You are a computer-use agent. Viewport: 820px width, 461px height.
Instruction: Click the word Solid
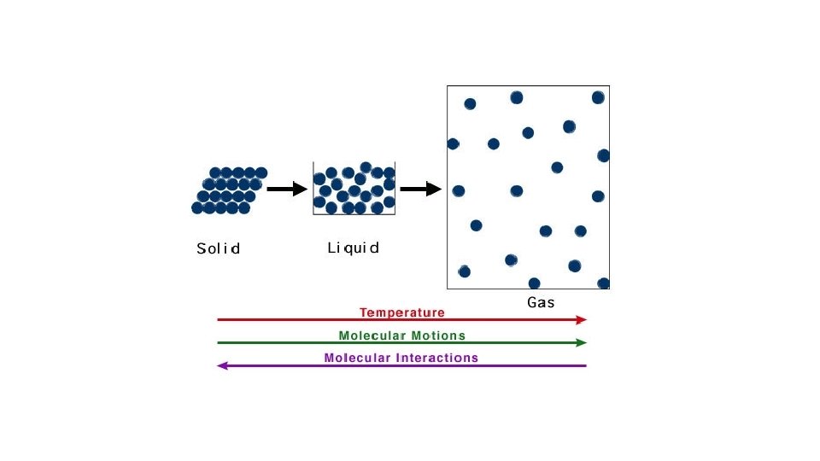pyautogui.click(x=218, y=249)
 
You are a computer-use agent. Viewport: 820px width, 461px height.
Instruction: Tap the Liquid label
pyautogui.click(x=353, y=248)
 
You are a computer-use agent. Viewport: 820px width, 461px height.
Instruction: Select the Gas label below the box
pyautogui.click(x=541, y=302)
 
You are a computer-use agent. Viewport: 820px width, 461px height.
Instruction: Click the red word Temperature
pyautogui.click(x=401, y=312)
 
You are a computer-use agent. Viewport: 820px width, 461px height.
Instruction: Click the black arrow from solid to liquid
pyautogui.click(x=286, y=189)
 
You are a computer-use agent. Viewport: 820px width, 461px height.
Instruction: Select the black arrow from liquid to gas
pyautogui.click(x=420, y=189)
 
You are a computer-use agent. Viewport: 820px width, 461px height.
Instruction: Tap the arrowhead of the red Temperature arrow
pyautogui.click(x=583, y=319)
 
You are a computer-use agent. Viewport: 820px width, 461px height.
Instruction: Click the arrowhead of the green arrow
pyautogui.click(x=583, y=342)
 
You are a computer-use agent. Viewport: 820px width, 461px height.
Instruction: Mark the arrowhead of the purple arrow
pyautogui.click(x=221, y=365)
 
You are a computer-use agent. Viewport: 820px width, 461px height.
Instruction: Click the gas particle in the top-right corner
pyautogui.click(x=598, y=97)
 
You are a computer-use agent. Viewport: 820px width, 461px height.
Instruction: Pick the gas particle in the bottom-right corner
pyautogui.click(x=603, y=283)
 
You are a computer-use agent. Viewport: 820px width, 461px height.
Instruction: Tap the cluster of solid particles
pyautogui.click(x=229, y=190)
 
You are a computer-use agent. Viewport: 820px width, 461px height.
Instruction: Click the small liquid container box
pyautogui.click(x=354, y=188)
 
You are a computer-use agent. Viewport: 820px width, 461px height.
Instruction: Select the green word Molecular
pyautogui.click(x=372, y=336)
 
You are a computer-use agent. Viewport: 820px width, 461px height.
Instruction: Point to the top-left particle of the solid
pyautogui.click(x=215, y=173)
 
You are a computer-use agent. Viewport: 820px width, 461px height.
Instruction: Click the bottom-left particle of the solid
pyautogui.click(x=197, y=207)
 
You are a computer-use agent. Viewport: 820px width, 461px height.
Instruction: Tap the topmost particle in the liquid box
pyautogui.click(x=366, y=167)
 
